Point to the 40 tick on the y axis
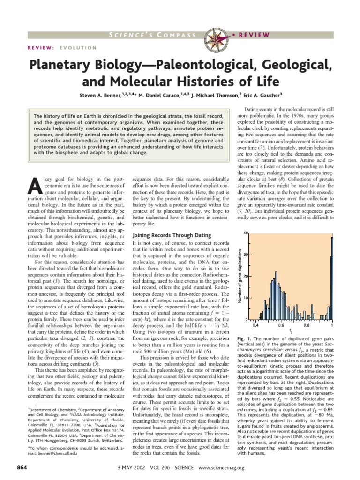[x=246, y=233]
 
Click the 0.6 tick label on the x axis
[x=281, y=324]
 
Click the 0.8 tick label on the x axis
[x=306, y=324]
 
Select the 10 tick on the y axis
[x=246, y=298]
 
